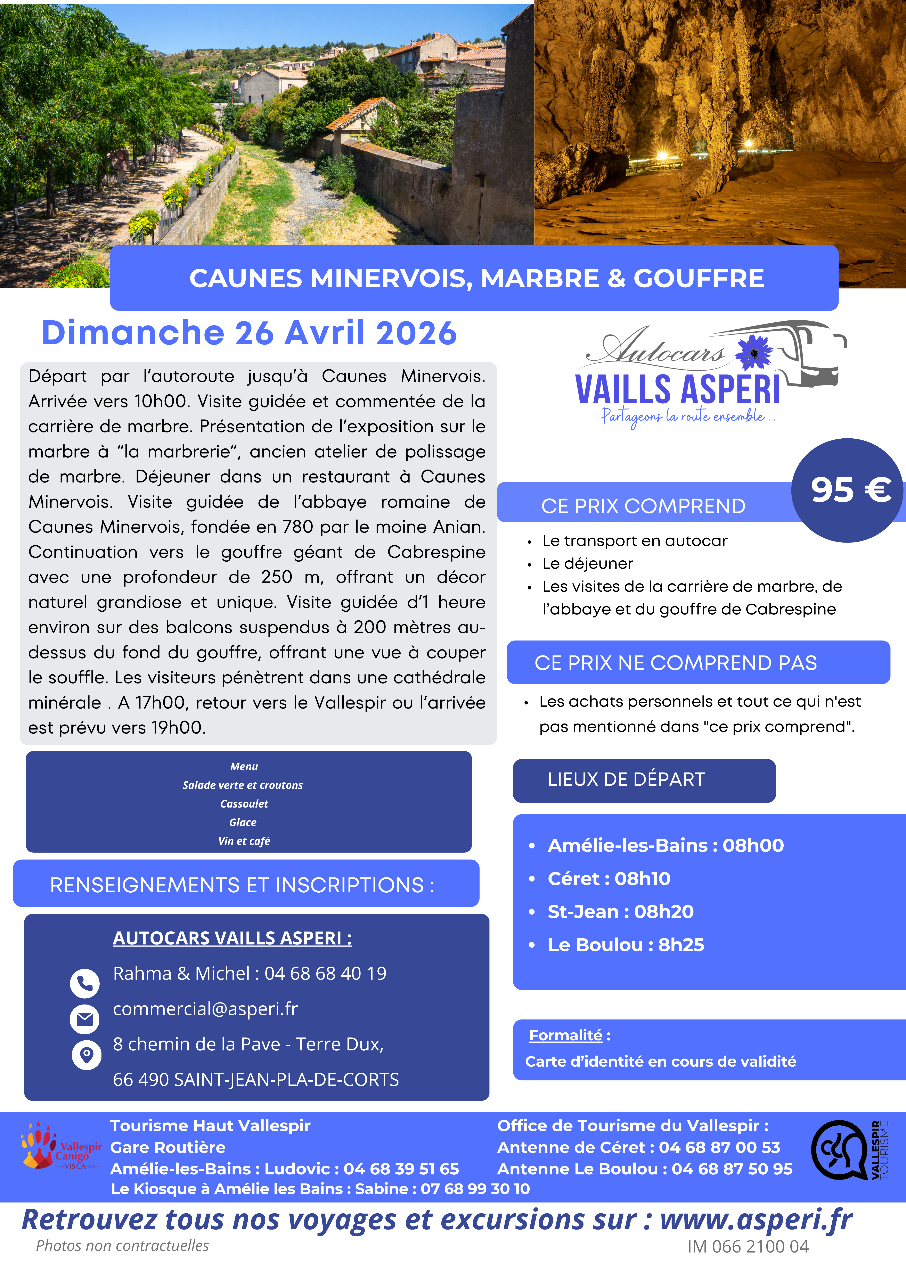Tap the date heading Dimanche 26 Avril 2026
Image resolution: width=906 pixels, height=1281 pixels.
[x=250, y=333]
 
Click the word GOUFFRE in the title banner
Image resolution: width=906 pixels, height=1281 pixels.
[x=698, y=278]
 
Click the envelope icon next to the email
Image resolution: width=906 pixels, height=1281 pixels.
[x=85, y=1019]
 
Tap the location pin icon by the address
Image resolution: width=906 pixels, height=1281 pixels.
[x=87, y=1055]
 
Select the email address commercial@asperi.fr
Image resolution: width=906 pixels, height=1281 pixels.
[x=205, y=1009]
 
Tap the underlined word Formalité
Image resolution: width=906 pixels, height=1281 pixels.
[x=565, y=1035]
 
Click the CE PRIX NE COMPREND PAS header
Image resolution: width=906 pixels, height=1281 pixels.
[x=676, y=663]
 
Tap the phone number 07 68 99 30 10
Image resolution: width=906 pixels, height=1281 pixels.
[x=475, y=1189]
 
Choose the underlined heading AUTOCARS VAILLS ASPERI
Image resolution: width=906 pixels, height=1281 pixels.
[x=232, y=939]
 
